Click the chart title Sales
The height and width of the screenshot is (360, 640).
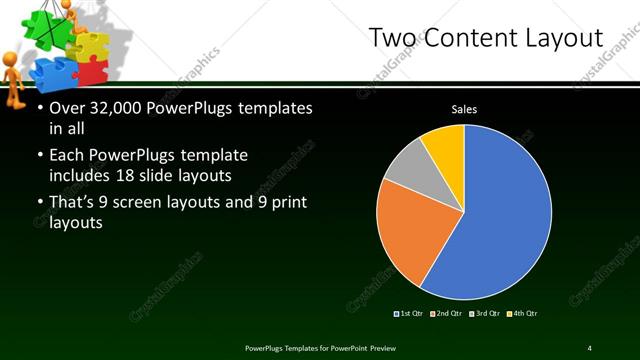463,109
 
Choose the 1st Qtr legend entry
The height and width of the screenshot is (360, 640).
409,313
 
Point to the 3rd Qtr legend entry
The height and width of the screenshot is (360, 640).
485,313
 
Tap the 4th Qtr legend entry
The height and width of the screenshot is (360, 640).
523,313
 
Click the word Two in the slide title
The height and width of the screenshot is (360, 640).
392,38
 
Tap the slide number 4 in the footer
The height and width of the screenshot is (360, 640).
589,347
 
